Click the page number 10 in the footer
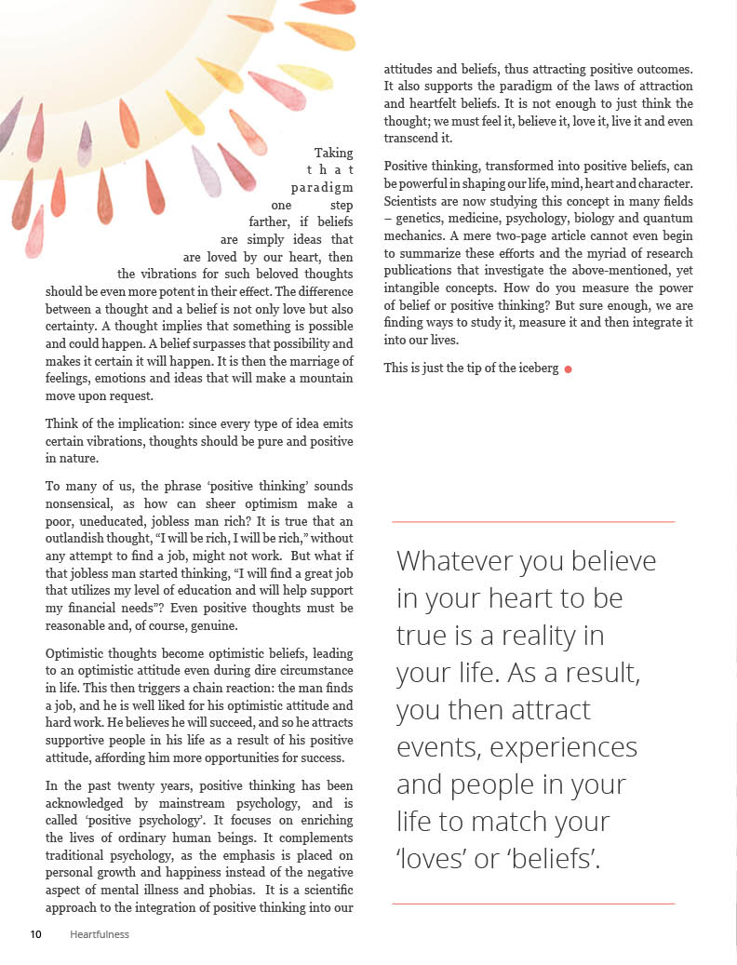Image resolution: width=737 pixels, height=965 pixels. tap(35, 934)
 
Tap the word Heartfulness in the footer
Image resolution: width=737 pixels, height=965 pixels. tap(100, 934)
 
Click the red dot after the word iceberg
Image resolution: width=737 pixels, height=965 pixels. tap(568, 369)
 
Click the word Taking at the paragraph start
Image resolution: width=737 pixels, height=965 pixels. tap(333, 153)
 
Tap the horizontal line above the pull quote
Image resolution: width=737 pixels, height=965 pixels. tap(533, 522)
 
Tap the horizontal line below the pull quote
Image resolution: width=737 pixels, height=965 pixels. tap(533, 904)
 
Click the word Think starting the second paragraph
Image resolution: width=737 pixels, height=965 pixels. tap(62, 424)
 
